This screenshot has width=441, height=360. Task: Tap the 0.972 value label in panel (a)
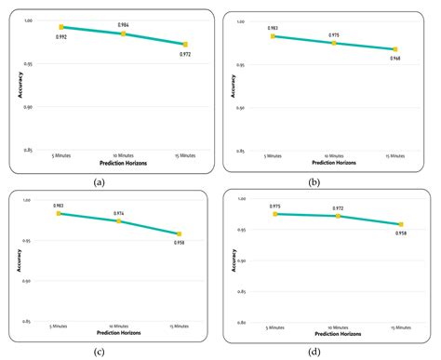pos(185,54)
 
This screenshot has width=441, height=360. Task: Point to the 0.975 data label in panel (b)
pos(334,34)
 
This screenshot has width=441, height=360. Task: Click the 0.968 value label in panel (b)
pos(395,59)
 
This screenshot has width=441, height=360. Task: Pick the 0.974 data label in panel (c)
pos(121,213)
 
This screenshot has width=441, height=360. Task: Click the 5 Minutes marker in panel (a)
pos(61,27)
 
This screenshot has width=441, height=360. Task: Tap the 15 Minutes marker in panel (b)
pos(395,49)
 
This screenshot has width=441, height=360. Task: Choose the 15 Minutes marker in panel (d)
pos(401,224)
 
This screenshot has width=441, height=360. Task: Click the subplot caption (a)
pos(100,182)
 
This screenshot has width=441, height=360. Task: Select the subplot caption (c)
pos(100,351)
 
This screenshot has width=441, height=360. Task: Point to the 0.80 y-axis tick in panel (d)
pos(240,323)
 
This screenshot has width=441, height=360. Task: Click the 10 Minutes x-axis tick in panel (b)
pos(334,156)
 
